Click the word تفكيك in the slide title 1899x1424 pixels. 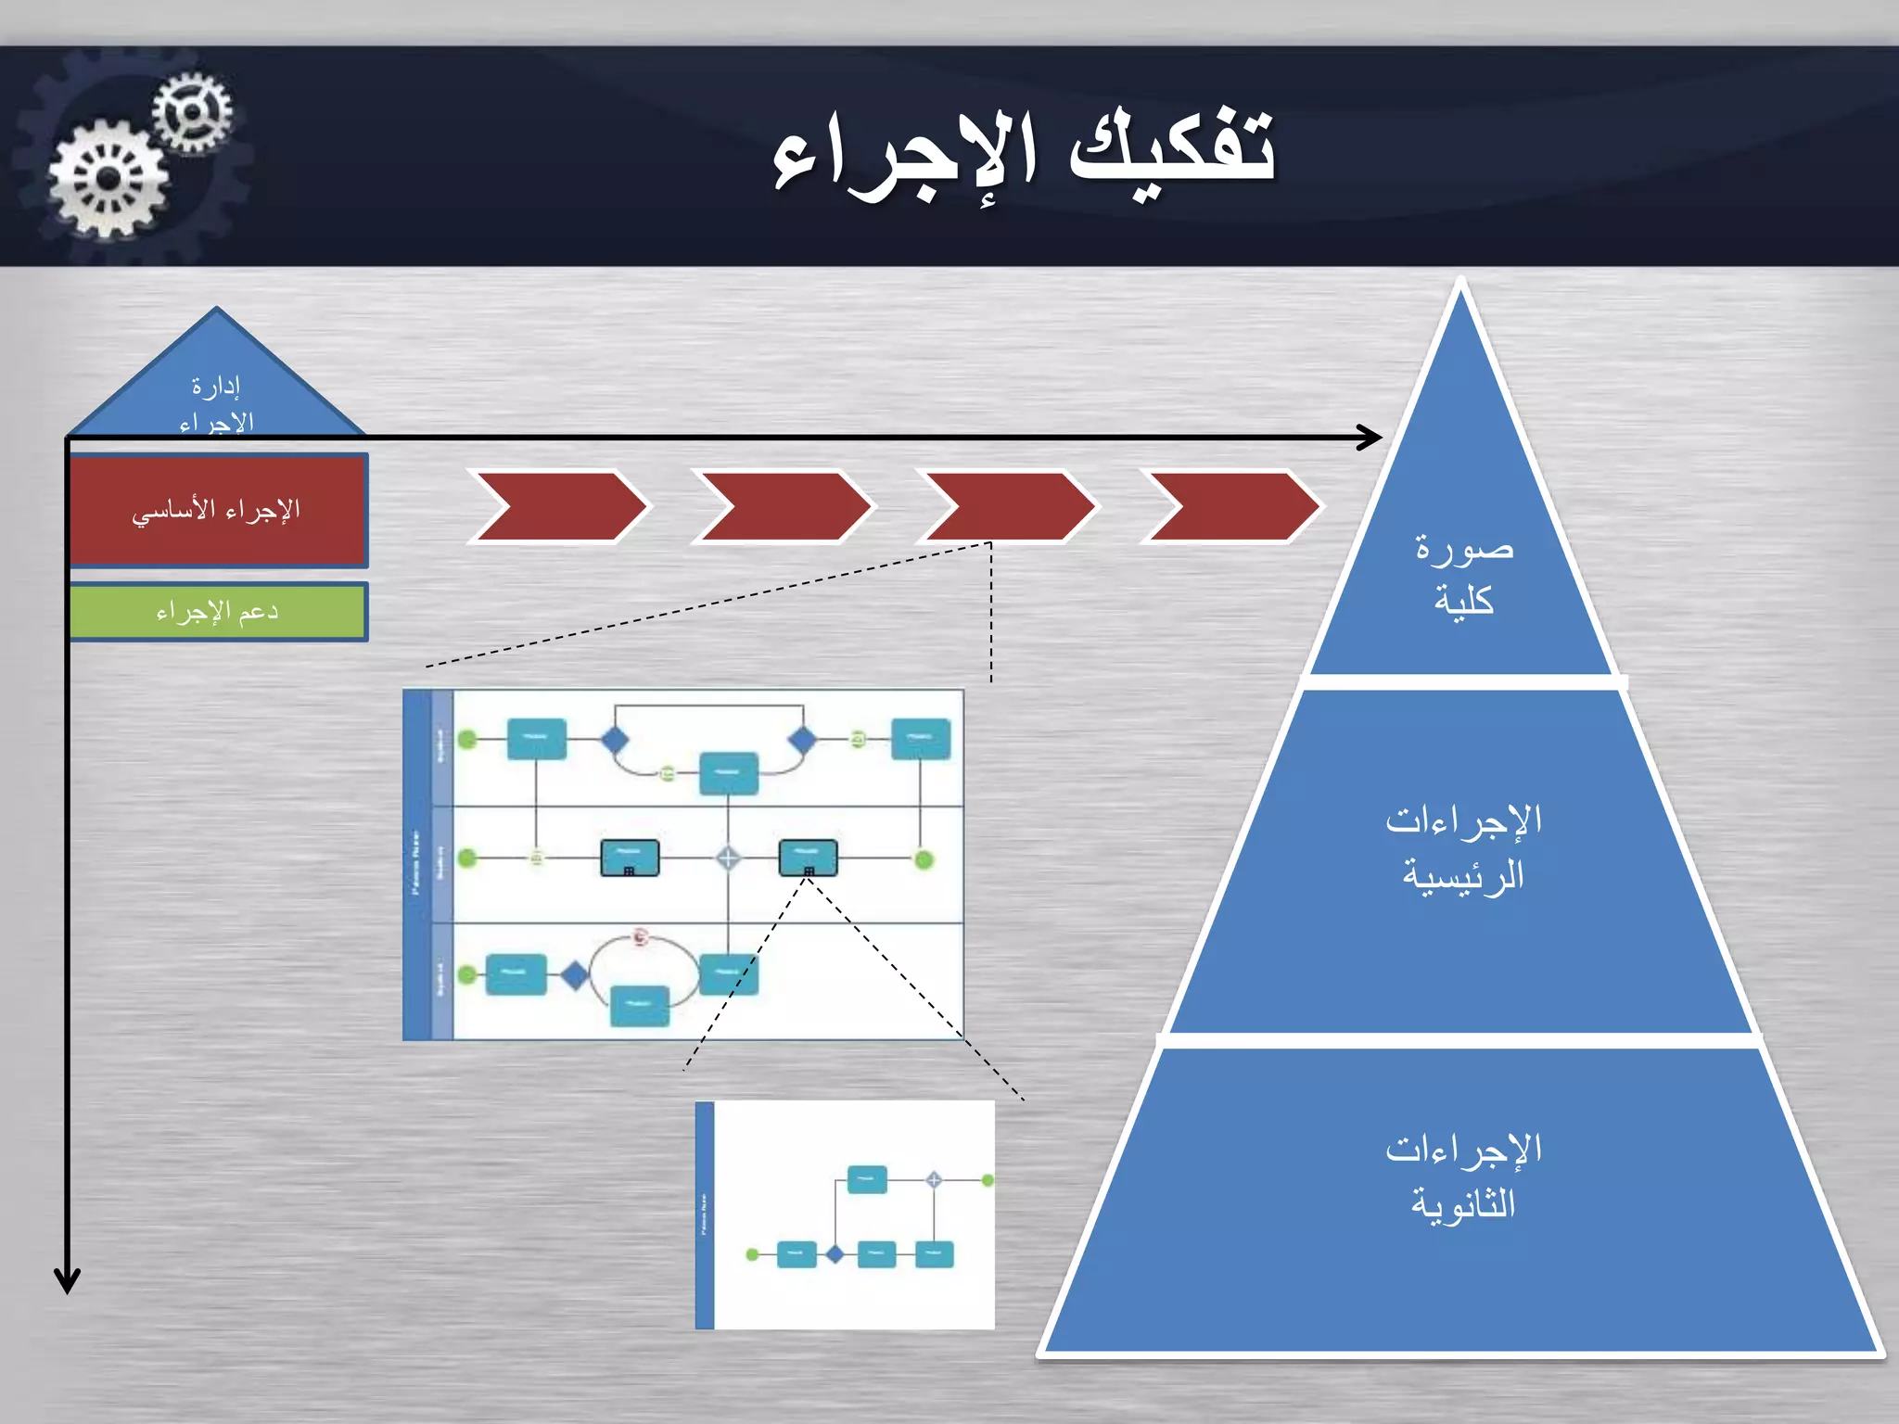1173,148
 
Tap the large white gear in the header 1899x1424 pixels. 108,179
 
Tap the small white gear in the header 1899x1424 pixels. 192,112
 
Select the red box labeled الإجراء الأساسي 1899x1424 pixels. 218,510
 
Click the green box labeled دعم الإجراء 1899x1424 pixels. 218,612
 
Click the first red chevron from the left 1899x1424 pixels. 559,506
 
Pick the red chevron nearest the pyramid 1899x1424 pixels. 1231,506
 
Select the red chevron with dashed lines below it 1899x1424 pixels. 1008,506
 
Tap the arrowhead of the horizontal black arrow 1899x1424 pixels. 1372,437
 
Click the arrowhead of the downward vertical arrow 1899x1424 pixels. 67,1281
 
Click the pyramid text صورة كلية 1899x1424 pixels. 1463,573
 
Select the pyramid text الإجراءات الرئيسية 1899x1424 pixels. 1463,847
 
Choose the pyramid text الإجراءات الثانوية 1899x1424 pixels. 1463,1176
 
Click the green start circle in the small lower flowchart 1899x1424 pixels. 753,1254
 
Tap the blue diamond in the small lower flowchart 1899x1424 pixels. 835,1254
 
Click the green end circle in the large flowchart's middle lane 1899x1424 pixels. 924,859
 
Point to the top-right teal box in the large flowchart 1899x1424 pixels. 921,739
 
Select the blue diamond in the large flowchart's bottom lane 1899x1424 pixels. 575,974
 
